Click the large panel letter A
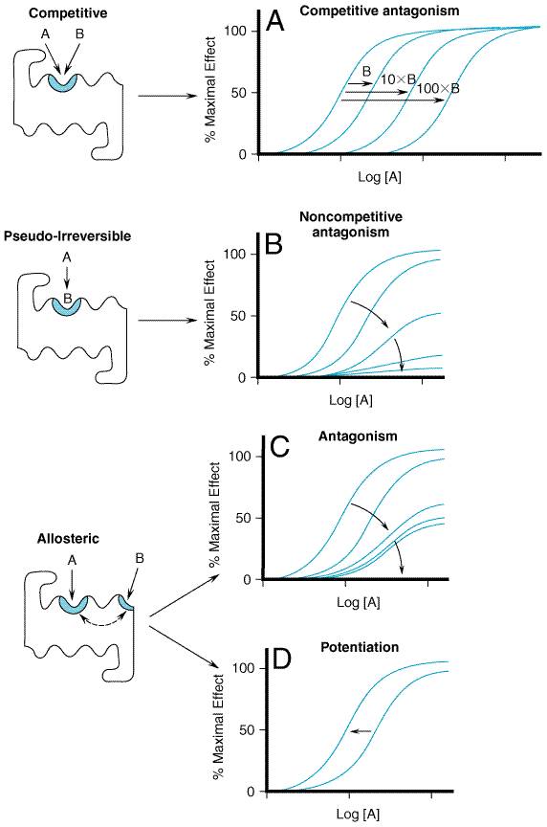tap(275, 22)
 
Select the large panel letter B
tap(273, 244)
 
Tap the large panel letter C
tap(280, 447)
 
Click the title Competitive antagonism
tap(380, 11)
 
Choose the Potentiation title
tap(360, 647)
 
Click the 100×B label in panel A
tap(438, 88)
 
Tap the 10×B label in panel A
tap(398, 79)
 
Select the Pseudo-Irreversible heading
tap(68, 235)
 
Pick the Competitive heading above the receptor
tap(68, 12)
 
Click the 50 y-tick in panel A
tap(239, 93)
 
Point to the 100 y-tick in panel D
tap(244, 668)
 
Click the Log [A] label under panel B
tap(350, 400)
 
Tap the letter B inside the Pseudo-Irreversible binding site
tap(68, 299)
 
